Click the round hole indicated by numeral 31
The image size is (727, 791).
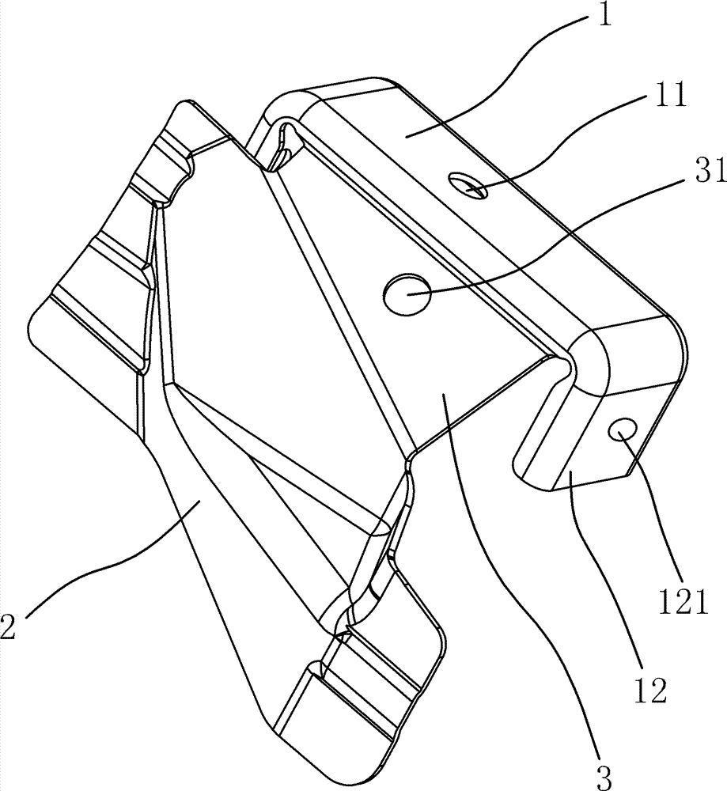tap(407, 295)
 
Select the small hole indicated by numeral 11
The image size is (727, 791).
tap(464, 186)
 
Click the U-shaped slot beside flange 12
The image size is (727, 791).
tap(546, 419)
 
